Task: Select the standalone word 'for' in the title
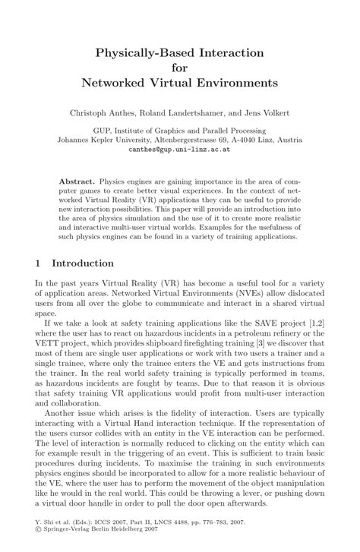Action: click(x=179, y=66)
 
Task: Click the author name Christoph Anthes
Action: click(x=115, y=113)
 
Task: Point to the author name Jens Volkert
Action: click(x=280, y=113)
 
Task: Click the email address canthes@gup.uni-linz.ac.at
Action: click(x=180, y=150)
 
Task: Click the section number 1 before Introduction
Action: click(x=37, y=263)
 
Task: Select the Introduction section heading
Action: click(x=83, y=263)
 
